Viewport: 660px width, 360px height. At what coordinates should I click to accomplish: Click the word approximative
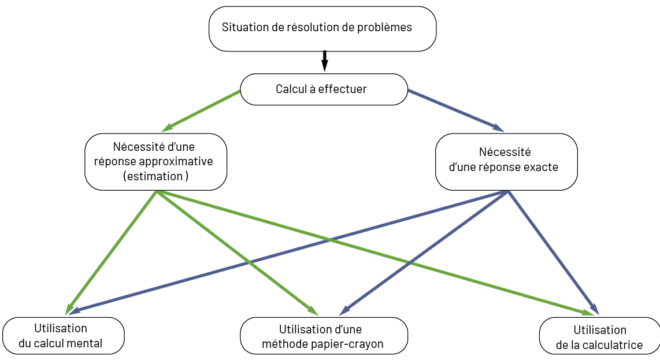tap(180, 161)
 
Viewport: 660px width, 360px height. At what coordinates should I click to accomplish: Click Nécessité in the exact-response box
tap(505, 152)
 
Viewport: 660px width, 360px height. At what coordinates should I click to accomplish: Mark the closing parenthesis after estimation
tap(187, 176)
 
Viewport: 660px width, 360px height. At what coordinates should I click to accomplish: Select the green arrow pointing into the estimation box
tap(202, 110)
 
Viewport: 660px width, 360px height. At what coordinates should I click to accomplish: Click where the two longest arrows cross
tap(331, 240)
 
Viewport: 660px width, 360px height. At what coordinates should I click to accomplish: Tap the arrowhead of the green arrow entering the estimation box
tap(164, 129)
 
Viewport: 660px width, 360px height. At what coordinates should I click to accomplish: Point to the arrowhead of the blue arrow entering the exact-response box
tap(500, 130)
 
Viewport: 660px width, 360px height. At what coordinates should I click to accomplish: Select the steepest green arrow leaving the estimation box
tap(110, 254)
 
